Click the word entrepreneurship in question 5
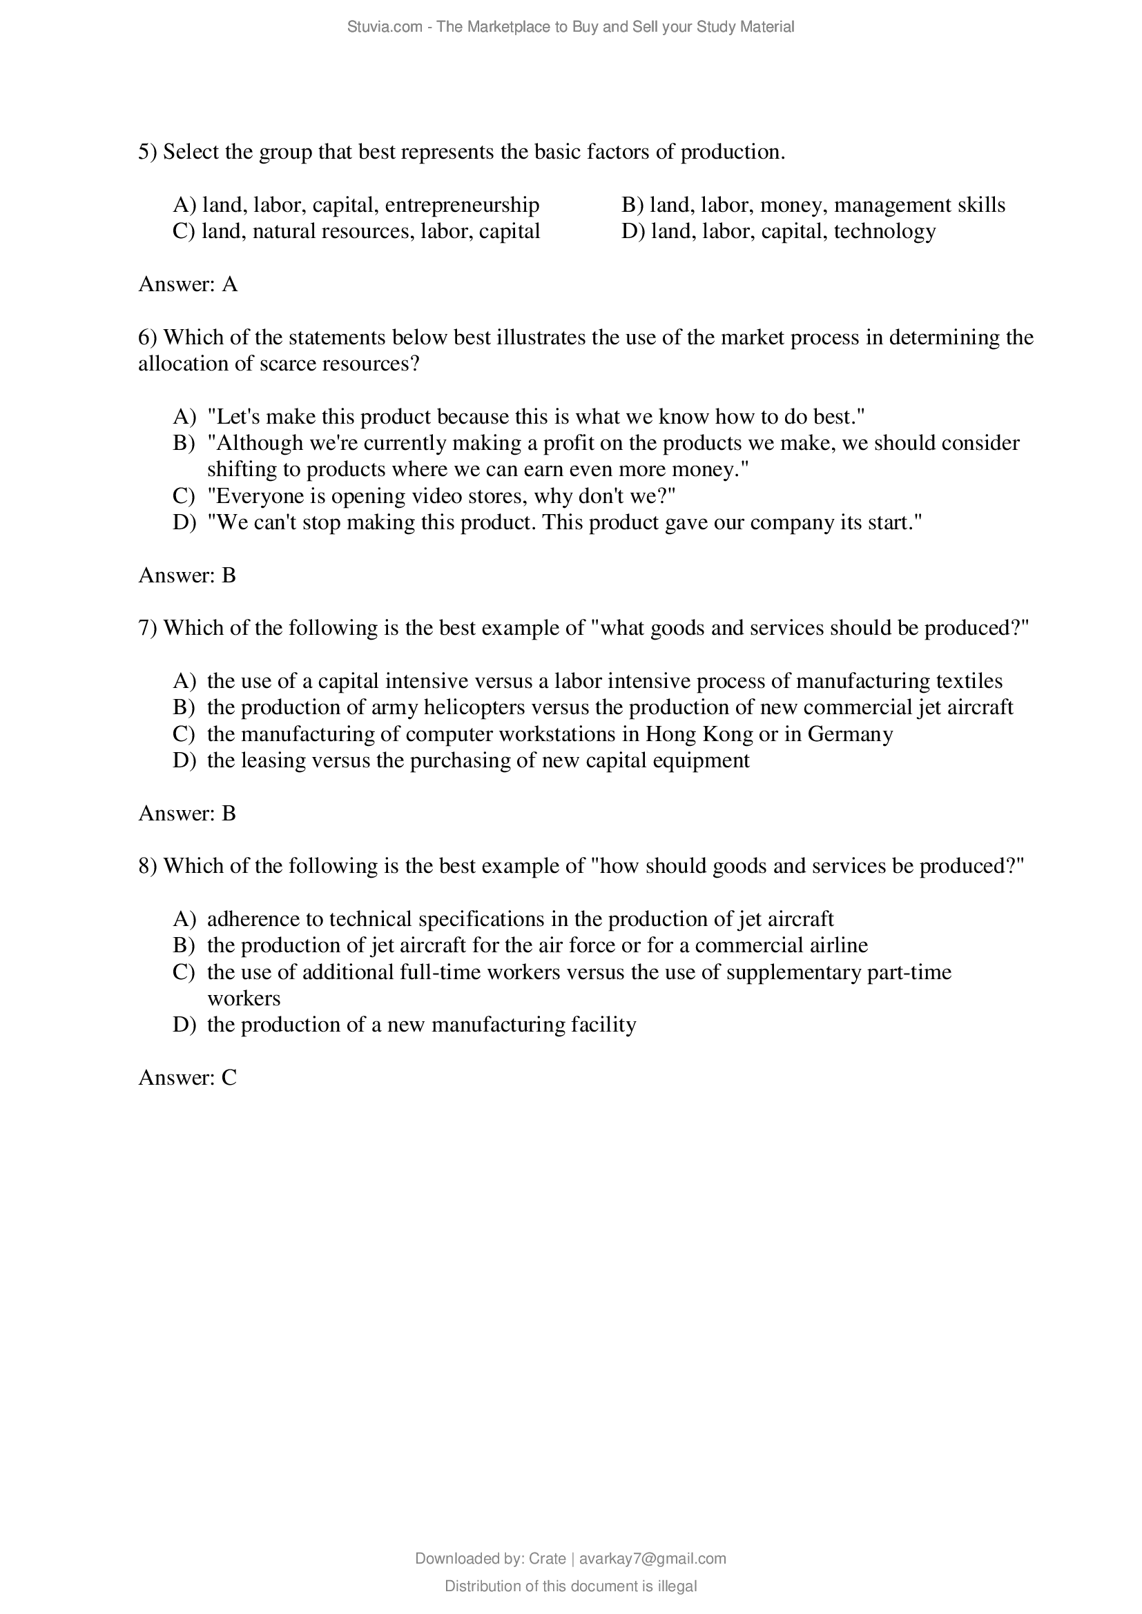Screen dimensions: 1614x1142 point(462,205)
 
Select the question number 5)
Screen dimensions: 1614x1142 point(148,152)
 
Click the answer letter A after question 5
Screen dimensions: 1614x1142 point(230,284)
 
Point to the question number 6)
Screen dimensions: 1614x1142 point(148,337)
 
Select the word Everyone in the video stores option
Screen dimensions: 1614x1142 point(258,496)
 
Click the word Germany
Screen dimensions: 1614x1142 point(850,734)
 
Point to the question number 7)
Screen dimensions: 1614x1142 point(148,628)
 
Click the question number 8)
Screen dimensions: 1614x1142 point(148,866)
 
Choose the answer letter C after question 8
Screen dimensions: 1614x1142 point(229,1078)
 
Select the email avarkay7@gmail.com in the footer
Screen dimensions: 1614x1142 point(652,1559)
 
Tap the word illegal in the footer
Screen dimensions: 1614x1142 point(677,1586)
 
